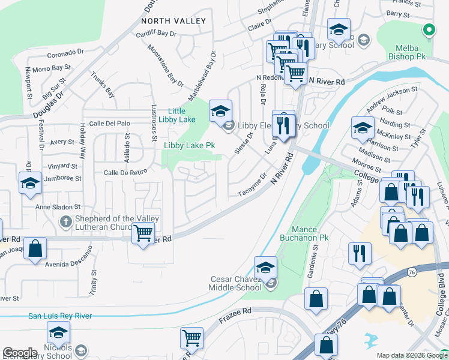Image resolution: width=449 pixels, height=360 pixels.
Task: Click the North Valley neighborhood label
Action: [173, 21]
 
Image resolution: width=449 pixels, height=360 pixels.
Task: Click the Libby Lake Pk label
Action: [190, 146]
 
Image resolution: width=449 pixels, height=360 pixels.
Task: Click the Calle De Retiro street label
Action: [125, 173]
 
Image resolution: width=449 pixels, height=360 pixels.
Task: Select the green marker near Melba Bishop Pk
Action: [429, 28]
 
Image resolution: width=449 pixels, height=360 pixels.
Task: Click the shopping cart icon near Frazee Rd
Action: [191, 338]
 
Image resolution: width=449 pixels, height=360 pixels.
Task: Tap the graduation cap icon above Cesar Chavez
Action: [266, 267]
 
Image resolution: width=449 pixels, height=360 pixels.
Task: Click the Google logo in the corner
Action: [19, 353]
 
